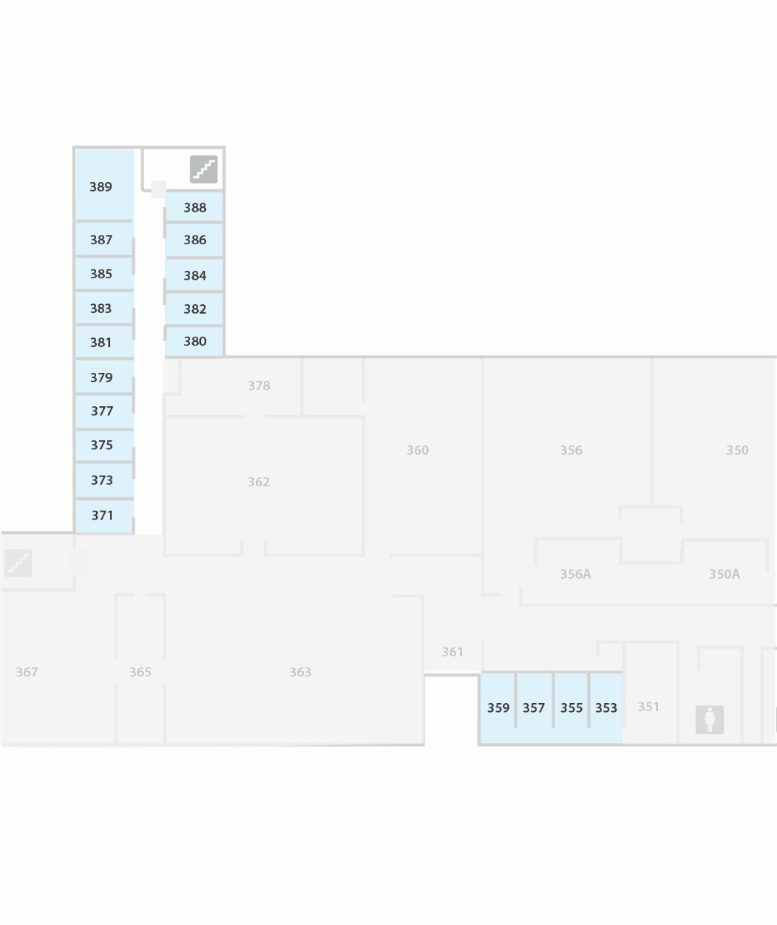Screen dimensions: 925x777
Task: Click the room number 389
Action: coord(100,186)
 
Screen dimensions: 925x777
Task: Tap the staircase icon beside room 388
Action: coord(204,169)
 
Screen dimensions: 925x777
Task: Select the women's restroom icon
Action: coord(709,719)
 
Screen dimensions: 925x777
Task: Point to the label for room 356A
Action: coord(575,574)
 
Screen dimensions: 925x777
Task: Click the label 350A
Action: coord(724,574)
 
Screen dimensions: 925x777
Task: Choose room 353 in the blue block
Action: coord(606,707)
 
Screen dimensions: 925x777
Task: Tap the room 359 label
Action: coord(498,707)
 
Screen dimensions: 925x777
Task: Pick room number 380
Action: coord(194,341)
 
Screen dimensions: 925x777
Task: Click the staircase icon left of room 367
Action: coord(18,563)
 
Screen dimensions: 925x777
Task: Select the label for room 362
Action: coord(258,481)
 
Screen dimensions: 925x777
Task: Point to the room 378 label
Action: coord(259,385)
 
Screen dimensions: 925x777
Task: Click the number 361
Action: coord(452,652)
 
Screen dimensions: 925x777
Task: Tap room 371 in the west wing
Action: coord(102,515)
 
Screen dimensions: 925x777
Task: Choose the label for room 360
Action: coord(417,449)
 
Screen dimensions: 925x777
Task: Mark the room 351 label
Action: coord(648,706)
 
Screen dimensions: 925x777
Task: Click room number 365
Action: coord(140,672)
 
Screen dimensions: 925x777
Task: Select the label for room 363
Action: coord(300,672)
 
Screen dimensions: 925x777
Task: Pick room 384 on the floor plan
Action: coord(194,275)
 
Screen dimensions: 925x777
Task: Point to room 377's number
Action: coord(102,410)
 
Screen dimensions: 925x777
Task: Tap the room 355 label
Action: coord(571,707)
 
